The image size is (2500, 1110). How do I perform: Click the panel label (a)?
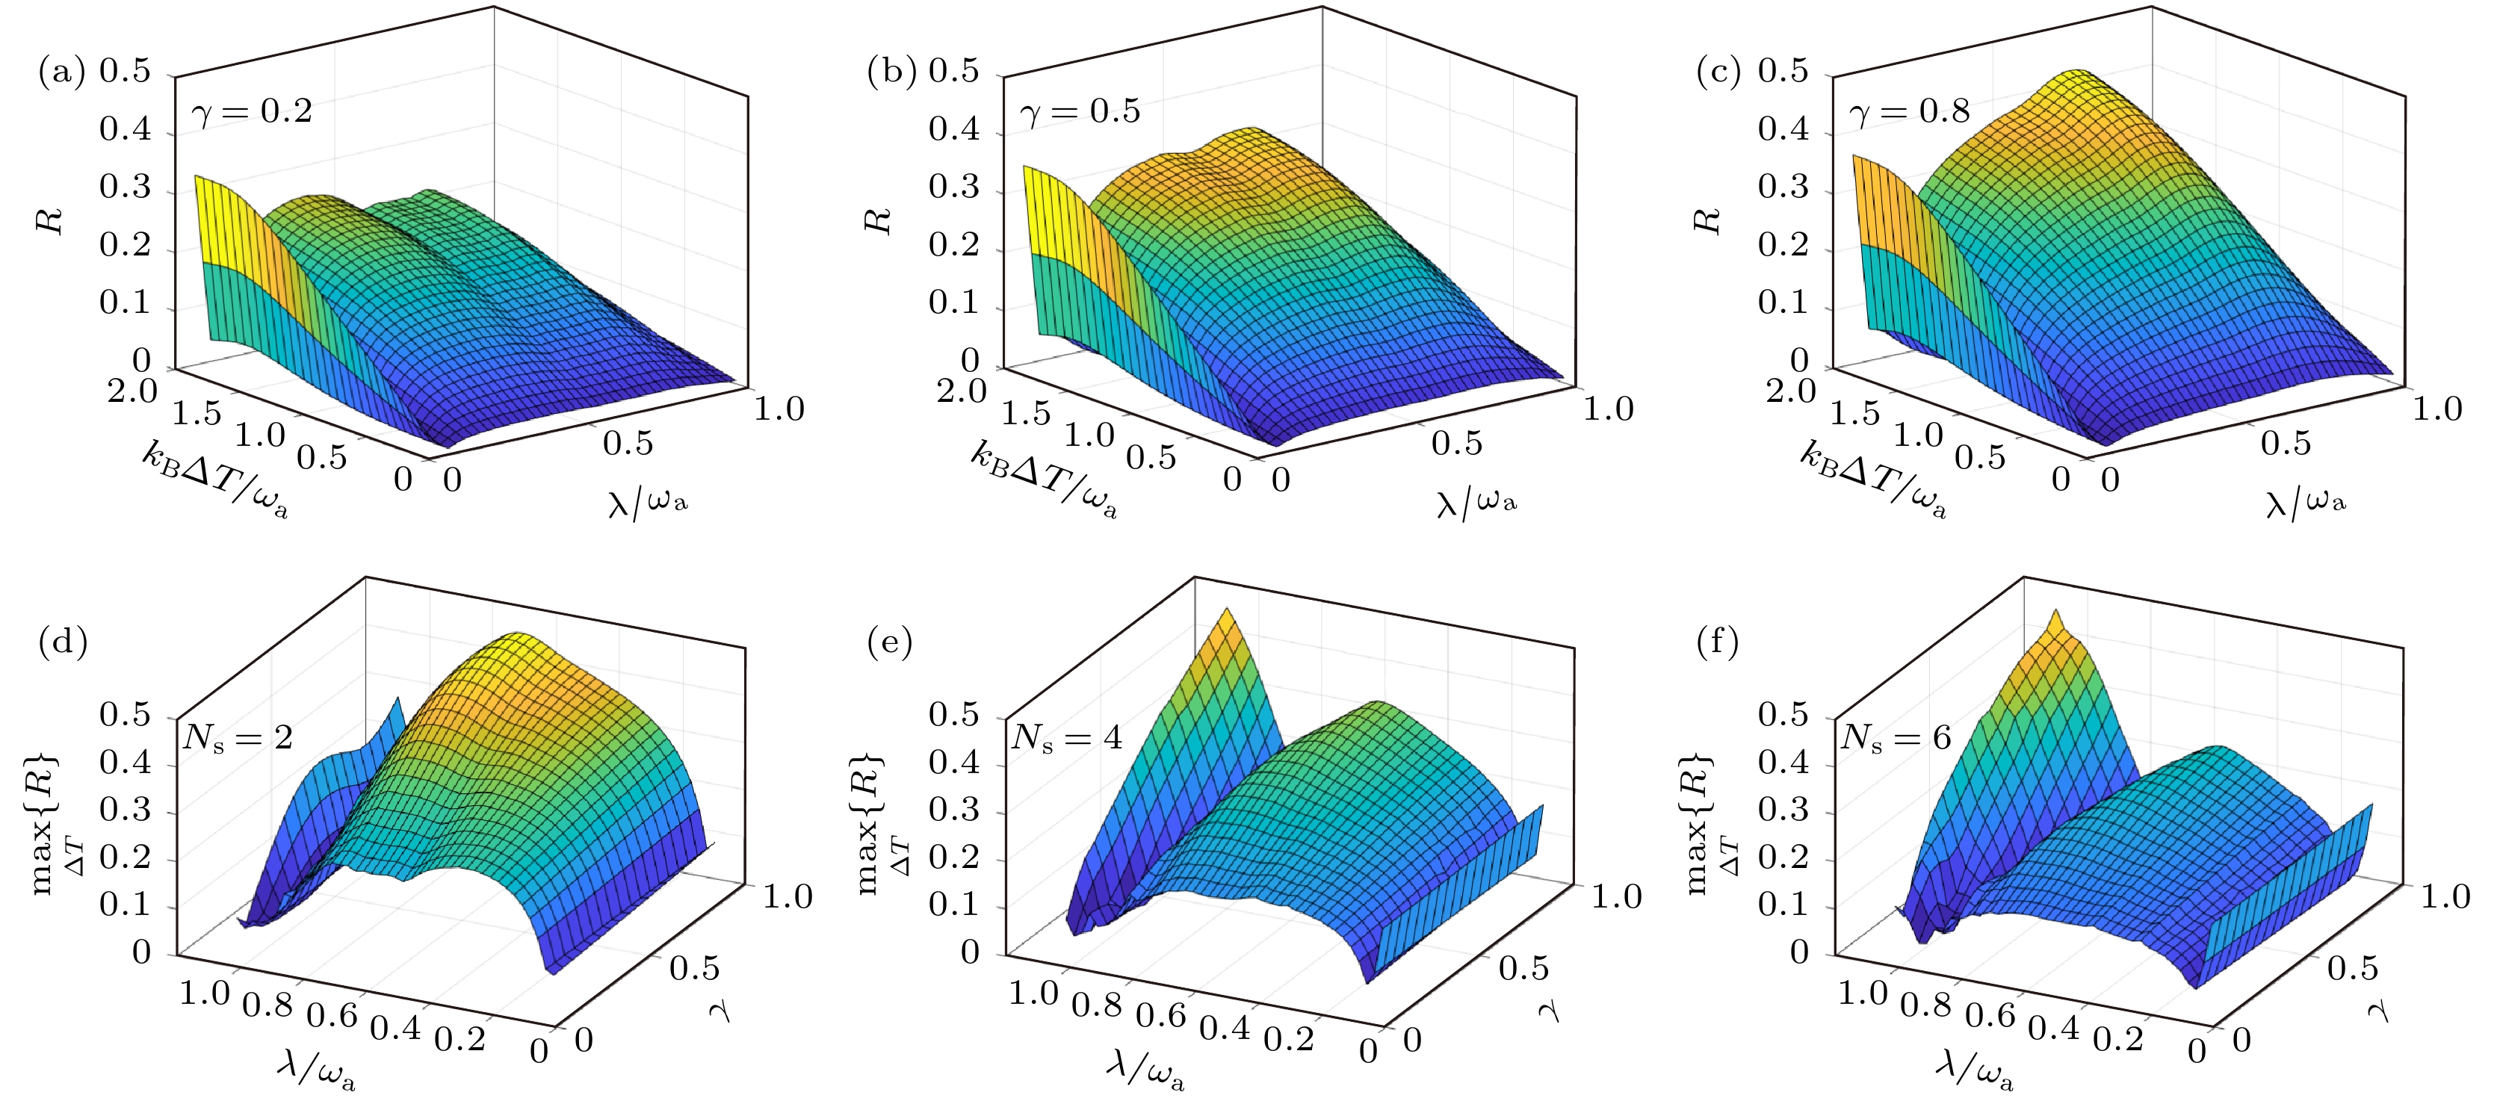coord(61,72)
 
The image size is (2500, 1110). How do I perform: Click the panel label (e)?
coord(889,642)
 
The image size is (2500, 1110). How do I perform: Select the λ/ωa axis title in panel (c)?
coord(2306,502)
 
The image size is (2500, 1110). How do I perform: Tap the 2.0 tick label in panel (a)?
coord(132,392)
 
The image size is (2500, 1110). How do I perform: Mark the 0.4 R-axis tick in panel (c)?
coord(1783,129)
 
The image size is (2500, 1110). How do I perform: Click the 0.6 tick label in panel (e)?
coord(1161,1015)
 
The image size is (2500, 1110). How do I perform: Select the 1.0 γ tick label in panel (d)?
coord(787,896)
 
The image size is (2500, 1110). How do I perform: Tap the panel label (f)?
coord(1717,642)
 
